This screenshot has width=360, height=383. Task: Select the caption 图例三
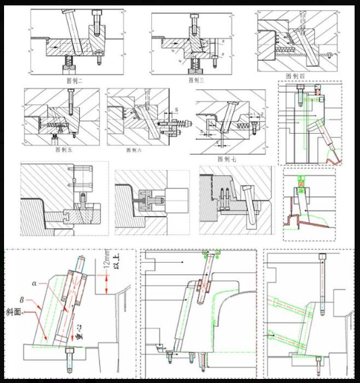[x=196, y=79]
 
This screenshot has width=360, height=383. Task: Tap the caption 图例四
[x=295, y=75]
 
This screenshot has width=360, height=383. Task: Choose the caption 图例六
[x=135, y=149]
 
